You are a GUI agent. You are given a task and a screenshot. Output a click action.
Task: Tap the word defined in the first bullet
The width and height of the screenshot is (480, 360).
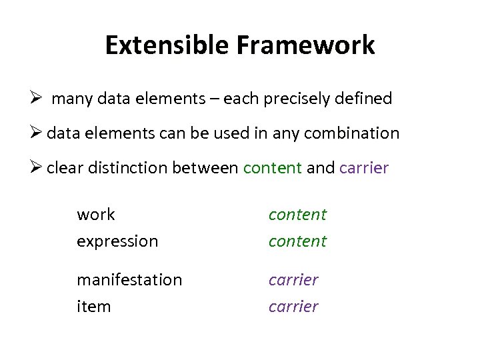tap(366, 99)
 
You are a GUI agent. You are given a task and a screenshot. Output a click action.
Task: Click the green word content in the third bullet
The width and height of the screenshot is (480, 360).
tap(273, 168)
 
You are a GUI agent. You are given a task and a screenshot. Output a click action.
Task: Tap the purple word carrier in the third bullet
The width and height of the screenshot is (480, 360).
tap(363, 168)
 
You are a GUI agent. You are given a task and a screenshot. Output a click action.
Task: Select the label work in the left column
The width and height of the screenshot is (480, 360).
tap(96, 215)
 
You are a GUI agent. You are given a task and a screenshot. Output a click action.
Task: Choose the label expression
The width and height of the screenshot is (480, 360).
tap(117, 241)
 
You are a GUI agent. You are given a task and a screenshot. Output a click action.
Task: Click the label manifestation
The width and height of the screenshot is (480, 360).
tap(129, 280)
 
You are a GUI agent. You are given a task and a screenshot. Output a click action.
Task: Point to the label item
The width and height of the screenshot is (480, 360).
tap(93, 307)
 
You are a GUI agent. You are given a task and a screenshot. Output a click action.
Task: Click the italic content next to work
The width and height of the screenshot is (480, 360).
tap(297, 215)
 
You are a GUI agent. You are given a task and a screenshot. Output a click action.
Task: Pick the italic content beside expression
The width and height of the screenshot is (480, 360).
tap(297, 241)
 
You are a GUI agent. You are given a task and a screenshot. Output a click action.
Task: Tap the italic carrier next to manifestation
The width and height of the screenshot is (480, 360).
tap(293, 280)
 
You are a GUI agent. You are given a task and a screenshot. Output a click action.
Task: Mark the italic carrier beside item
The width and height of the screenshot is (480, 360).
tap(293, 307)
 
